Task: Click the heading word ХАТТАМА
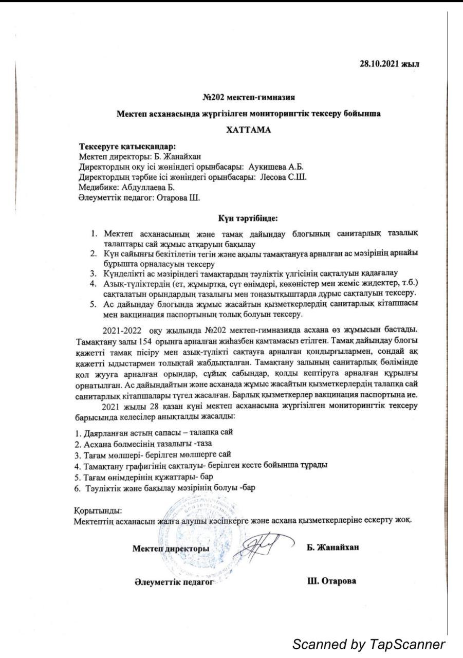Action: pyautogui.click(x=249, y=130)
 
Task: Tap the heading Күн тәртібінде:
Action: pyautogui.click(x=248, y=218)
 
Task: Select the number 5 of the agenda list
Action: pyautogui.click(x=94, y=304)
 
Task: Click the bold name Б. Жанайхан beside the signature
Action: pyautogui.click(x=332, y=547)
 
